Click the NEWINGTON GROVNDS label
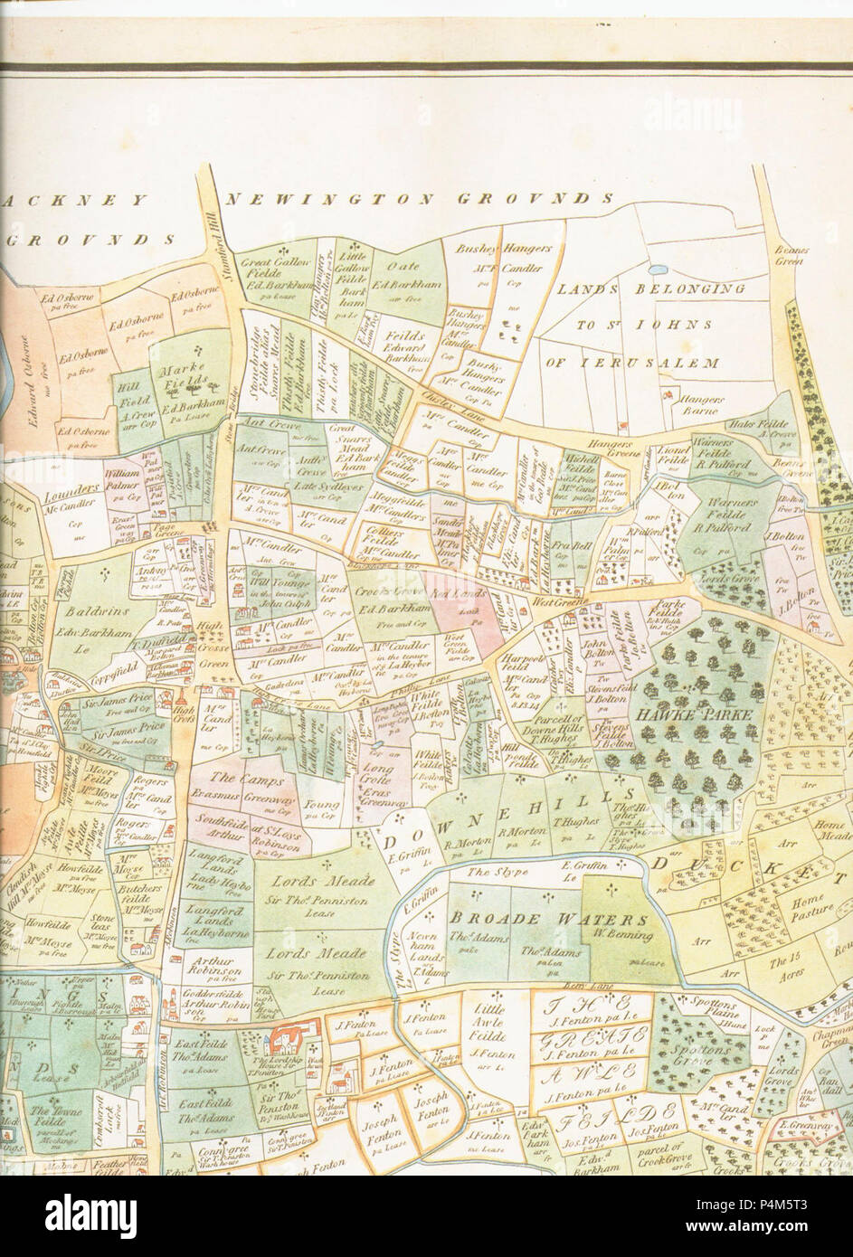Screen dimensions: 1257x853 [421, 199]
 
